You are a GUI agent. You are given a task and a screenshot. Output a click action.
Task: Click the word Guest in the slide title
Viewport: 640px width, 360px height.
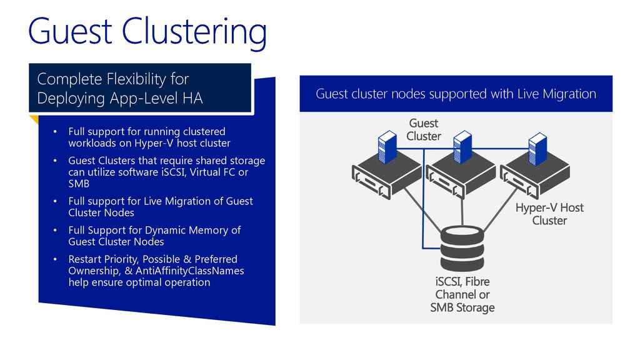(x=70, y=31)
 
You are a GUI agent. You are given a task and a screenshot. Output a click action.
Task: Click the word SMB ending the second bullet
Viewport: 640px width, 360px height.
(x=79, y=184)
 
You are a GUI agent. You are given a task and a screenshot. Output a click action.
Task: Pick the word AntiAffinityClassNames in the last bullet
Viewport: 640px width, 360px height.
(x=190, y=271)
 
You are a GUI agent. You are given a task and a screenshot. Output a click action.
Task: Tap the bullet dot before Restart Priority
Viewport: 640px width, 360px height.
(x=55, y=259)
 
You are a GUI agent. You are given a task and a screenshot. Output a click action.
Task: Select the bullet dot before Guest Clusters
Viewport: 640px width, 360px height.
(x=55, y=161)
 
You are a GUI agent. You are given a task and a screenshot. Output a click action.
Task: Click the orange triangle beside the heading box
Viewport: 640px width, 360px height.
(x=34, y=119)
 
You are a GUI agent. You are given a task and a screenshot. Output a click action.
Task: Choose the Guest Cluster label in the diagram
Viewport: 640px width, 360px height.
(x=424, y=129)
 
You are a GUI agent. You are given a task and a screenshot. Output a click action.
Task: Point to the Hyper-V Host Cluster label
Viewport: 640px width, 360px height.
(x=549, y=214)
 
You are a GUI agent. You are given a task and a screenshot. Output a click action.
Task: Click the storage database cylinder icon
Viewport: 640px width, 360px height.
(x=462, y=249)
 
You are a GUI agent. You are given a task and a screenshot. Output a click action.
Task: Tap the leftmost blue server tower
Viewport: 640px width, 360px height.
(x=387, y=147)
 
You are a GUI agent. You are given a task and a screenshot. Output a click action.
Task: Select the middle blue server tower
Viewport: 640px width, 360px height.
(x=462, y=147)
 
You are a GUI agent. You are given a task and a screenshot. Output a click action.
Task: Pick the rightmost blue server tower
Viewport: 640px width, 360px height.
(x=537, y=149)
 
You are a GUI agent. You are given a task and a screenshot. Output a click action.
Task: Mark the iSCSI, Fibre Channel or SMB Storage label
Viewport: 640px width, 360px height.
(x=462, y=295)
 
